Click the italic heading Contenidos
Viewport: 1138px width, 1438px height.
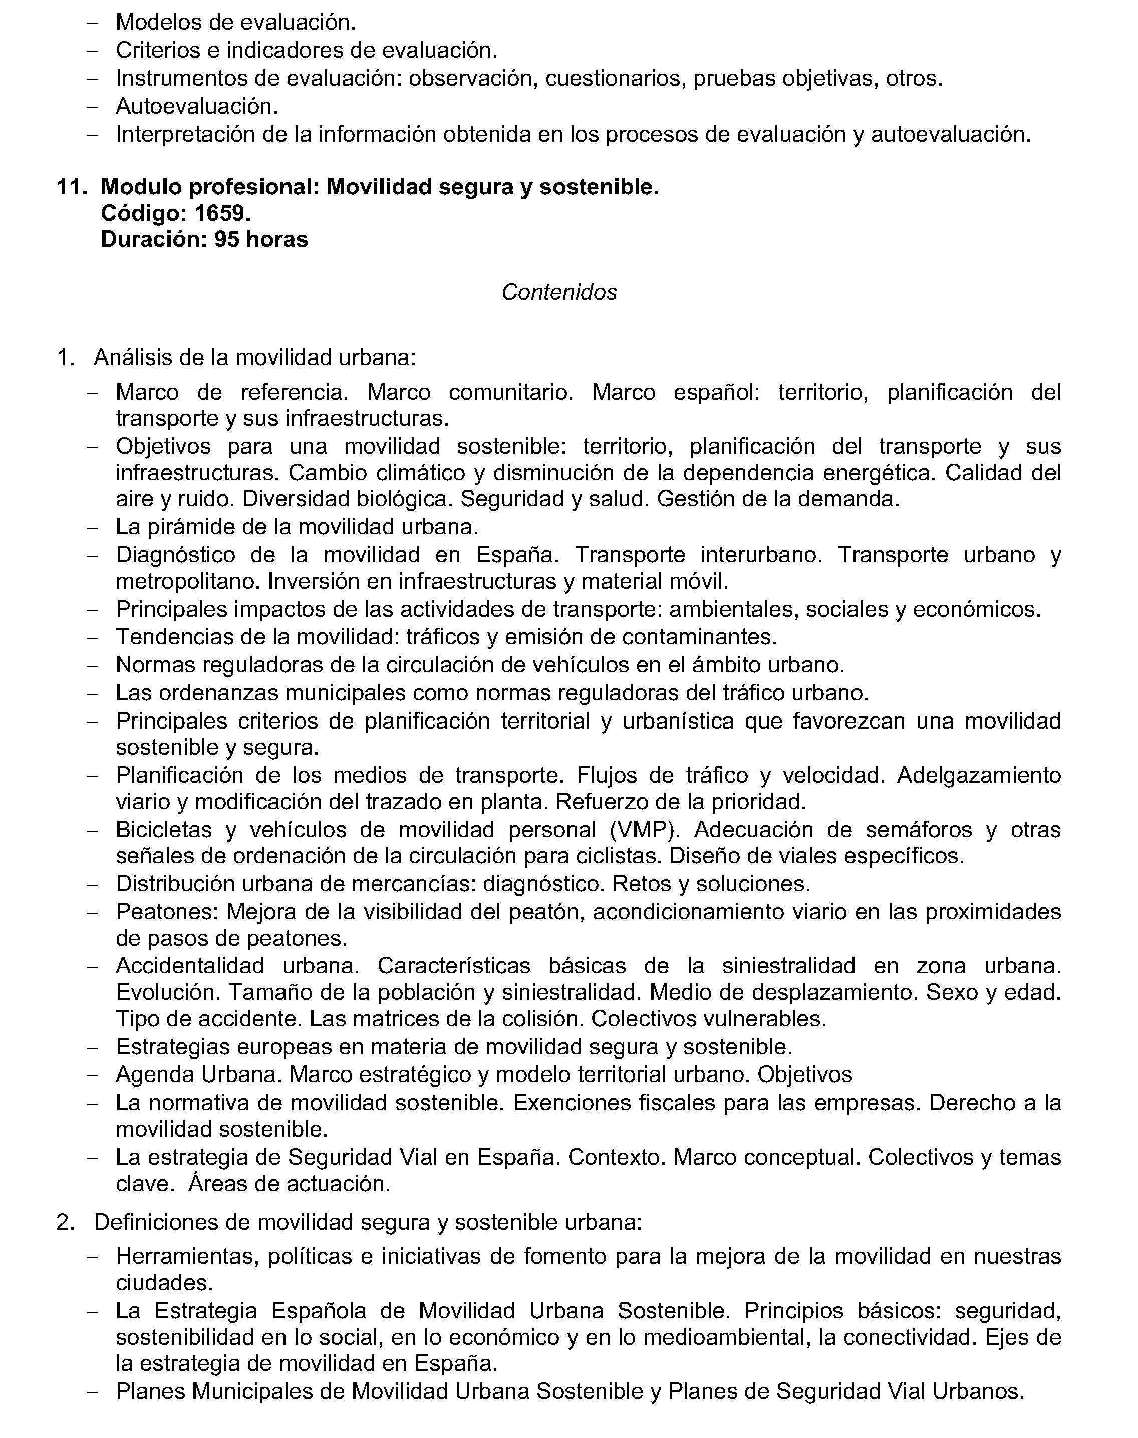(x=559, y=292)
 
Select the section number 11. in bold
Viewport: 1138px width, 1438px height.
(x=72, y=187)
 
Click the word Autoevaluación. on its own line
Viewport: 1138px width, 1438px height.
(x=196, y=106)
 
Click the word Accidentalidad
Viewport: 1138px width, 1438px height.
(x=190, y=965)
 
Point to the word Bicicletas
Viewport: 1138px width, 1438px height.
(x=163, y=829)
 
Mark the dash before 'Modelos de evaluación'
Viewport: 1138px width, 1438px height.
(x=93, y=23)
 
